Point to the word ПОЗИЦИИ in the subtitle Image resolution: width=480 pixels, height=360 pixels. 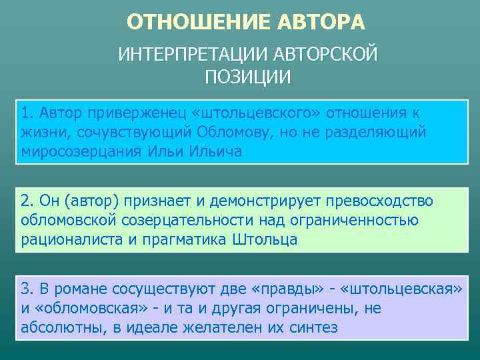click(x=247, y=77)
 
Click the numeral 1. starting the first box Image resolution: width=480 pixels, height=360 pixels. click(x=27, y=111)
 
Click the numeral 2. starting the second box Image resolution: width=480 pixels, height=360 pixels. click(x=27, y=201)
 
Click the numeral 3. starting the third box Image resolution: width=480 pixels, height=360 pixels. click(x=27, y=289)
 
